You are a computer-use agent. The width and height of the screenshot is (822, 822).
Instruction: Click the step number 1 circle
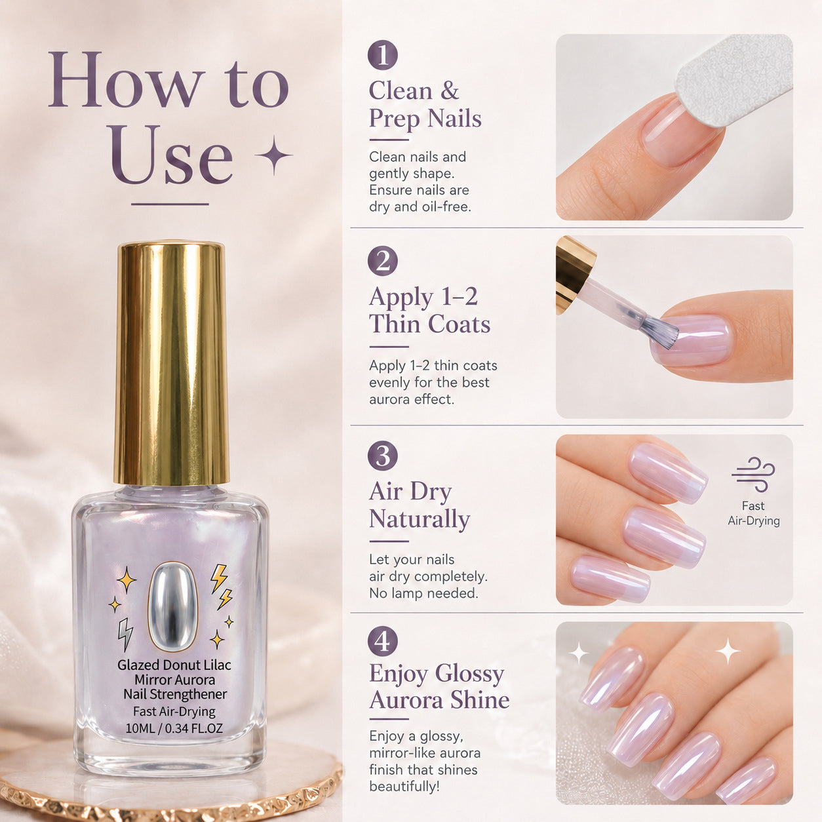coord(382,54)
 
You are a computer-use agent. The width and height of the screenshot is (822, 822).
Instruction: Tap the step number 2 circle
coord(382,261)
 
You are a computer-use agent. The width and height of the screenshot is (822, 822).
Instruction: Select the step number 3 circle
coord(382,456)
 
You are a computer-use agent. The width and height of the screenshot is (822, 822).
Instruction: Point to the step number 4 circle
coord(382,641)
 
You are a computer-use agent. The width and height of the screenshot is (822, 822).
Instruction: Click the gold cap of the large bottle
coord(172,363)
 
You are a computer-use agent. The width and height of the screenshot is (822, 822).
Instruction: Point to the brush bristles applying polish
coord(659,330)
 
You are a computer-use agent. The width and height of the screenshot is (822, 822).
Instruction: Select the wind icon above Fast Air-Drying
coord(753,475)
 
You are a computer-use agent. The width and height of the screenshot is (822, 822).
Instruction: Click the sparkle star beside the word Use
coord(273,155)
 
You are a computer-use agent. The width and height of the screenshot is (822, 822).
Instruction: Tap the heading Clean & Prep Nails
coord(425,105)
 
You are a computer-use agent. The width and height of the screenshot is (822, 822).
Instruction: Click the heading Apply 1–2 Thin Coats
coord(429,311)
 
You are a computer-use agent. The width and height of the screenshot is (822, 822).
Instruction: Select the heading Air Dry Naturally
coord(420,506)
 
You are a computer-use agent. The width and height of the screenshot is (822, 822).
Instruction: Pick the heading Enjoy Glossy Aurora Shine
coord(439,687)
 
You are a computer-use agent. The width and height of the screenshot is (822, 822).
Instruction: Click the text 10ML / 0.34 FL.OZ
coord(174,728)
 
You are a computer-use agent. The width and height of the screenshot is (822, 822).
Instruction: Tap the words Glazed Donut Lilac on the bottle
coord(174,665)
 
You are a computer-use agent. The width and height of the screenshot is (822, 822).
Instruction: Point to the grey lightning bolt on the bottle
coord(125,634)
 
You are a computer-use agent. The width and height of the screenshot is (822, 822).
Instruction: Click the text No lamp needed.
coord(423,593)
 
